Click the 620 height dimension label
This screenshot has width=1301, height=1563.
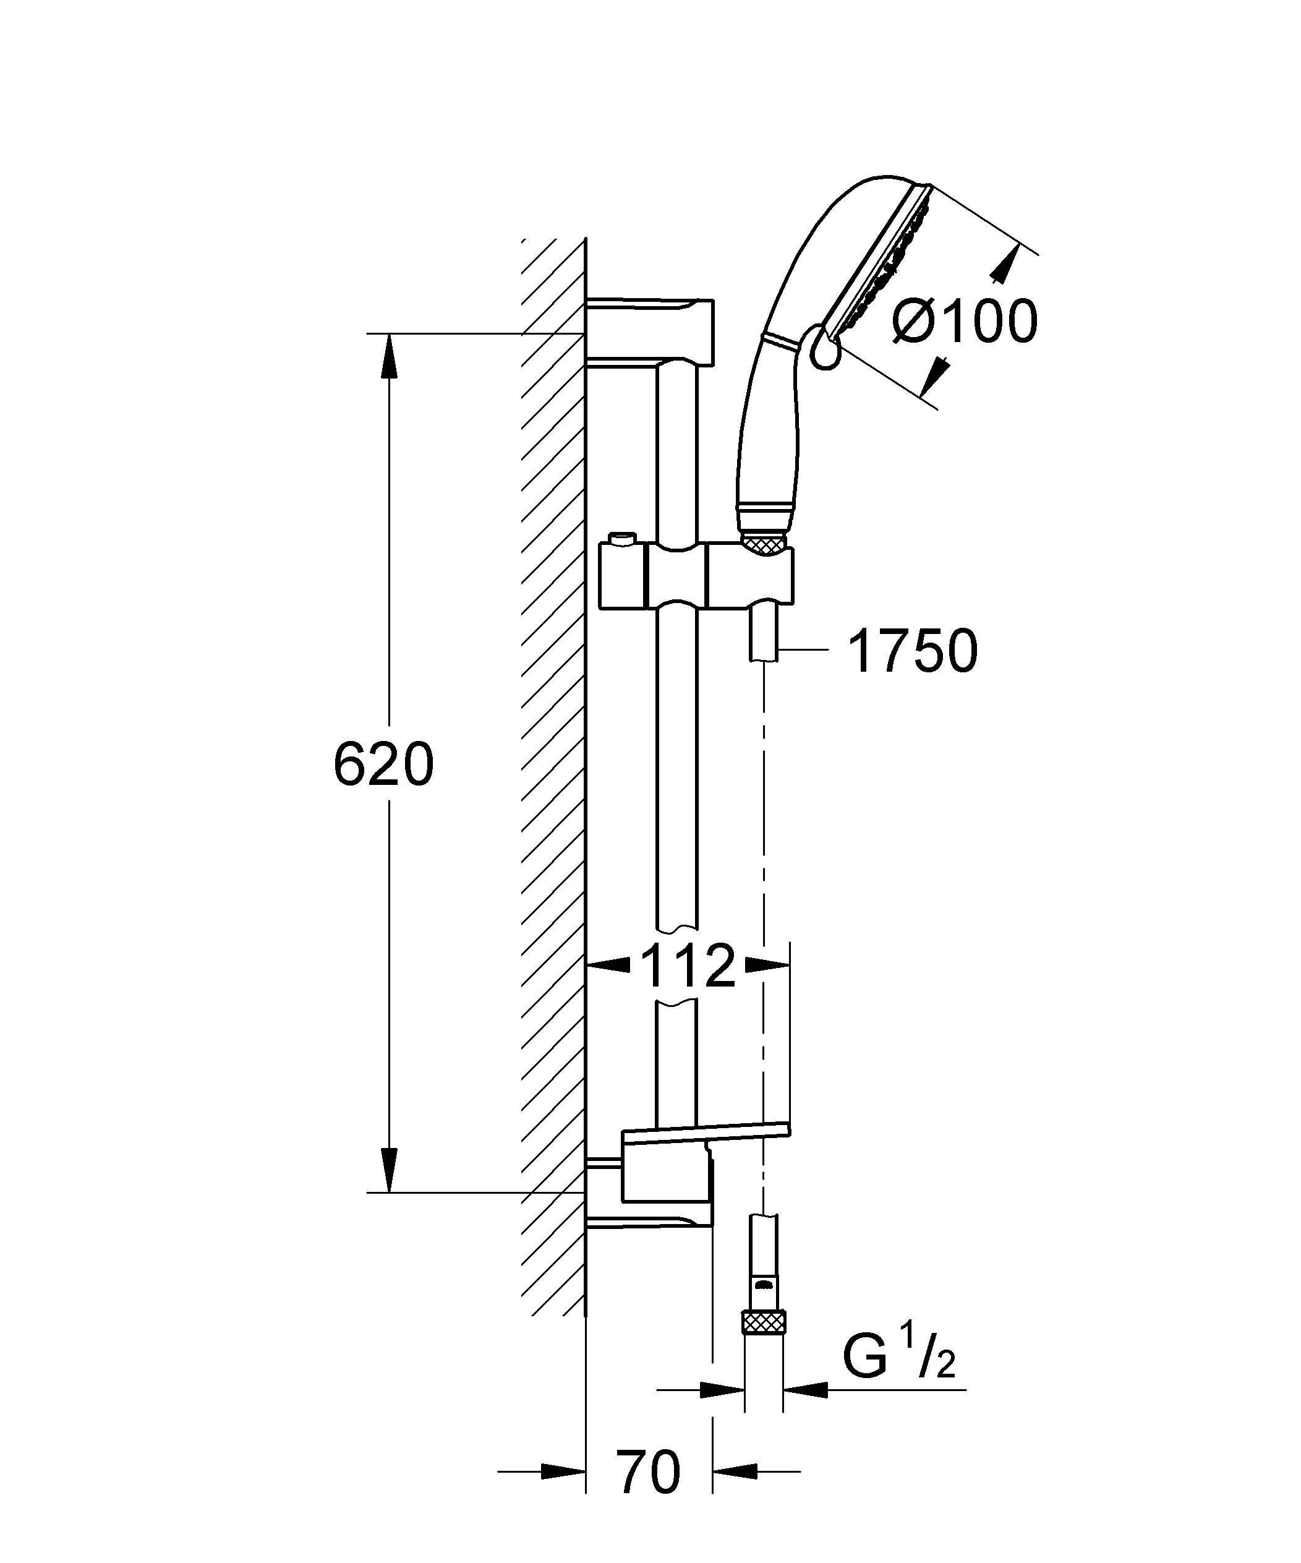coord(383,764)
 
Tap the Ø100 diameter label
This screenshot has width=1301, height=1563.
coord(965,322)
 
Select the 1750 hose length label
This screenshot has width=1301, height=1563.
coord(913,651)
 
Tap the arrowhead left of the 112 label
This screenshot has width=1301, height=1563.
coord(609,966)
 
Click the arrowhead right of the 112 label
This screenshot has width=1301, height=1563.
coord(767,966)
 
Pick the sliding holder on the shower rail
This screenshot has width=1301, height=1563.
coord(696,578)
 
